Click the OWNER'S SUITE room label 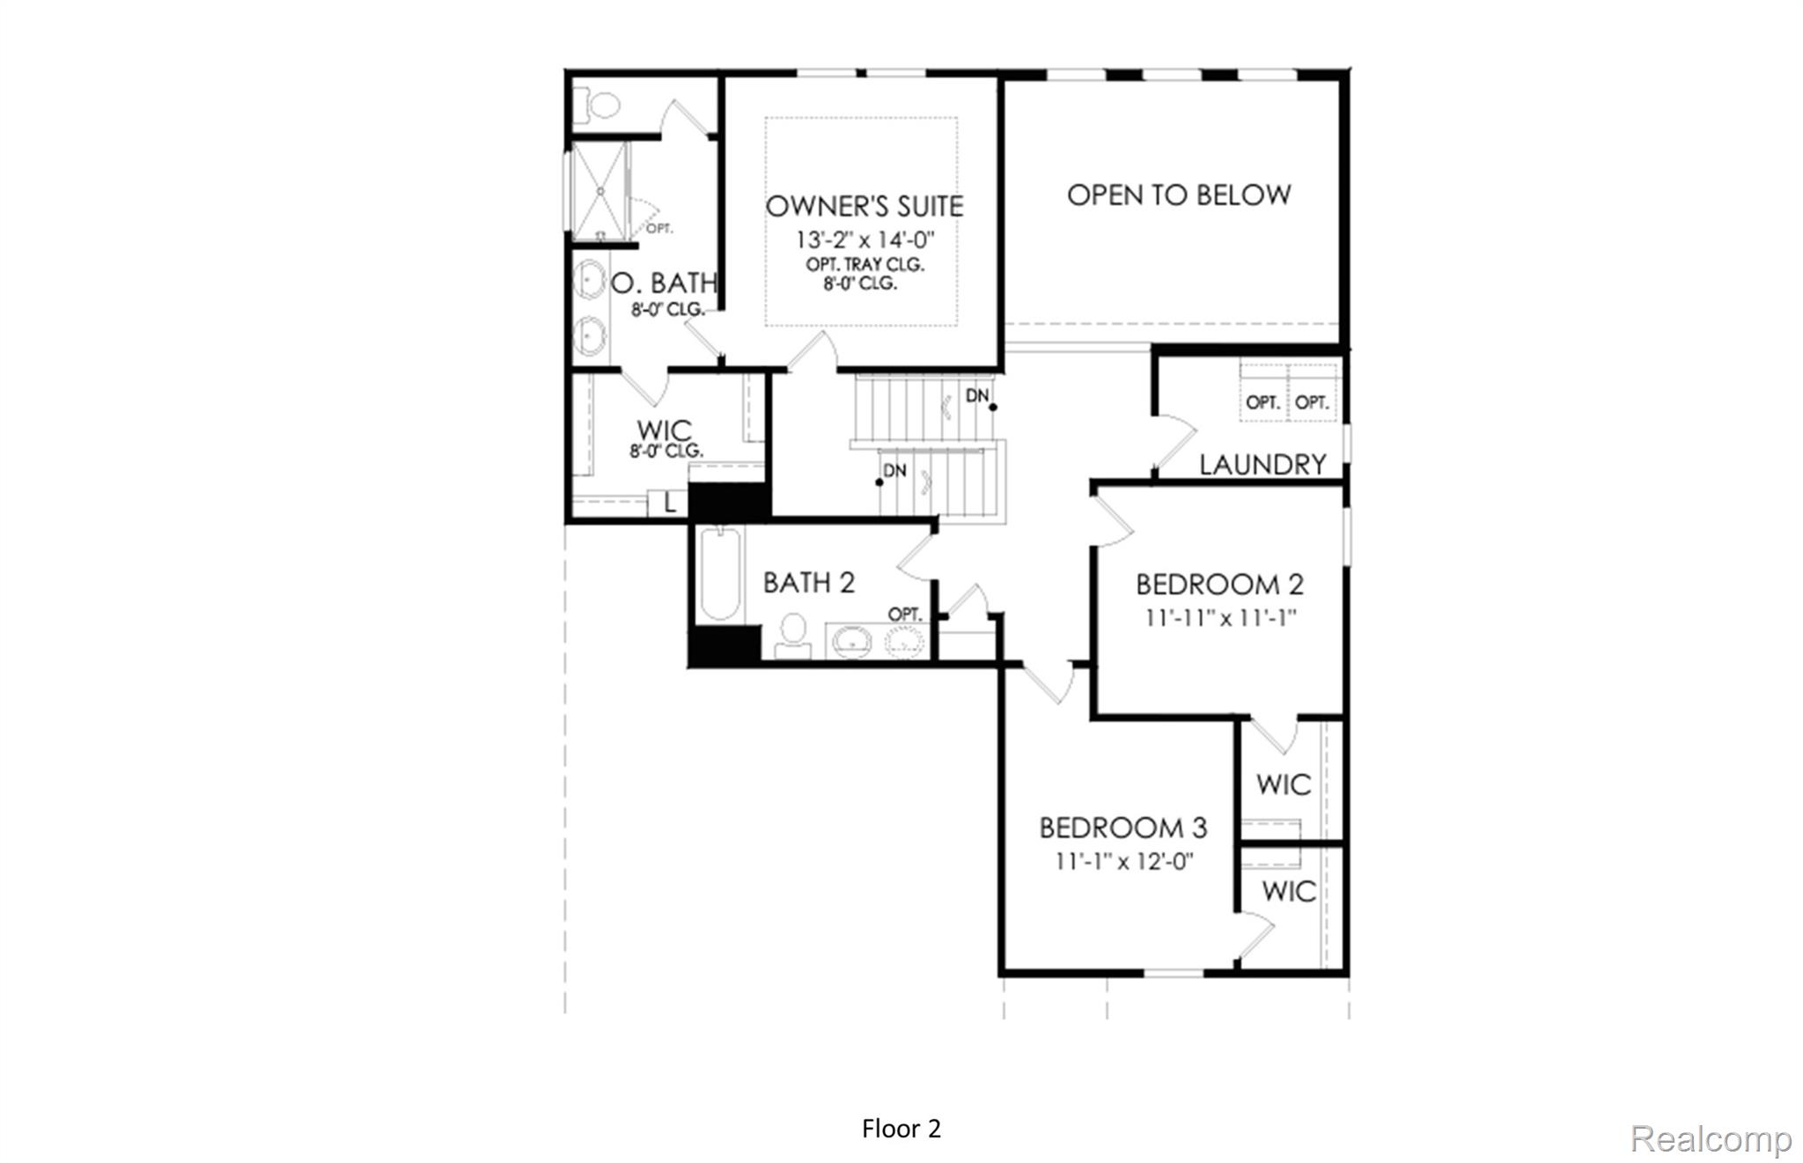864,206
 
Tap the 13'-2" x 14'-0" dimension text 864,239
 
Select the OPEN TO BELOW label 1178,195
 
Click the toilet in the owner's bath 600,107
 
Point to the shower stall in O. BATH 600,191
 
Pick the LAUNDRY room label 1262,464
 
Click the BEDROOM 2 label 1218,585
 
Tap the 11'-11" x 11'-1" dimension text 1220,618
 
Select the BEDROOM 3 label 1122,828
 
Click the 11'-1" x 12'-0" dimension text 1124,861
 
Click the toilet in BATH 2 793,636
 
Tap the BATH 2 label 808,583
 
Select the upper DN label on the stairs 977,396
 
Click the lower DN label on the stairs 894,471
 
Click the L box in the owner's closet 668,504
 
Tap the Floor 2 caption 901,1129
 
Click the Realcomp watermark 1710,1139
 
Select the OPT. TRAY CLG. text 864,264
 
